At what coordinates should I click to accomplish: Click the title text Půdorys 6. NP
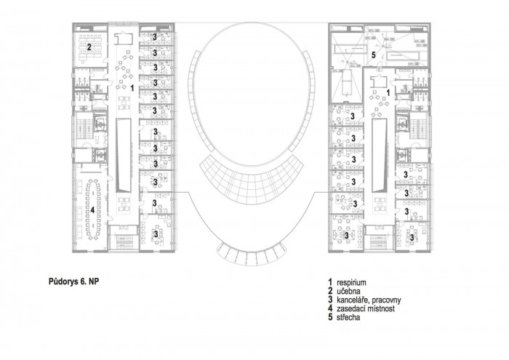click(x=73, y=281)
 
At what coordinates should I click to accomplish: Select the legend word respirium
click(x=351, y=282)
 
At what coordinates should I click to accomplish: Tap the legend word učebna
click(x=348, y=291)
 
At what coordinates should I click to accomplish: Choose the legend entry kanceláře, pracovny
click(x=369, y=300)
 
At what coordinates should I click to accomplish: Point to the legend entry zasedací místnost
click(x=366, y=308)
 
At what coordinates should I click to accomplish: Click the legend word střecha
click(x=348, y=317)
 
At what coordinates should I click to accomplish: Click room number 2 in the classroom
click(x=89, y=47)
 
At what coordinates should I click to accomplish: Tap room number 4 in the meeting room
click(x=92, y=210)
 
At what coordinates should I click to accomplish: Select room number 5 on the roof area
click(x=374, y=55)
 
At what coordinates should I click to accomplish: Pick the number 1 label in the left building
click(x=132, y=88)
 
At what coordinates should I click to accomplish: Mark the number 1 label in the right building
click(x=388, y=93)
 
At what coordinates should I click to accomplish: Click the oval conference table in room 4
click(x=93, y=209)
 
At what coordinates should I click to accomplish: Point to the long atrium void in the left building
click(x=124, y=155)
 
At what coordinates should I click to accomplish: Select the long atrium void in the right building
click(x=380, y=156)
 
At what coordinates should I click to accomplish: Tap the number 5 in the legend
click(x=330, y=317)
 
